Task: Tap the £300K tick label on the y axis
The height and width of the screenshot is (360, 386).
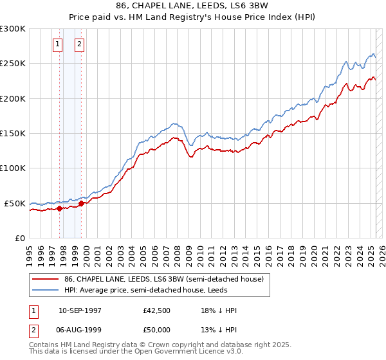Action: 13,29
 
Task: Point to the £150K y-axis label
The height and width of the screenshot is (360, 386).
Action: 13,134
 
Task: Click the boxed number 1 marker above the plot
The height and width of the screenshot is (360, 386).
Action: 58,44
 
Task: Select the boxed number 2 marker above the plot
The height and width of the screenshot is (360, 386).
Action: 79,44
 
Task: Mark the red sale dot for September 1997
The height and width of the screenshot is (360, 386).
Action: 59,208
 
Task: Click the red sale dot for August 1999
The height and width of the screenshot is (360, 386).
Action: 81,203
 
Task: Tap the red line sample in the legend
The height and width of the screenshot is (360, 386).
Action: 46,280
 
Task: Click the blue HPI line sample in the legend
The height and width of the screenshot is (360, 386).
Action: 46,291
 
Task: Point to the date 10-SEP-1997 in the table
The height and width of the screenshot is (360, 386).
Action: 80,311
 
